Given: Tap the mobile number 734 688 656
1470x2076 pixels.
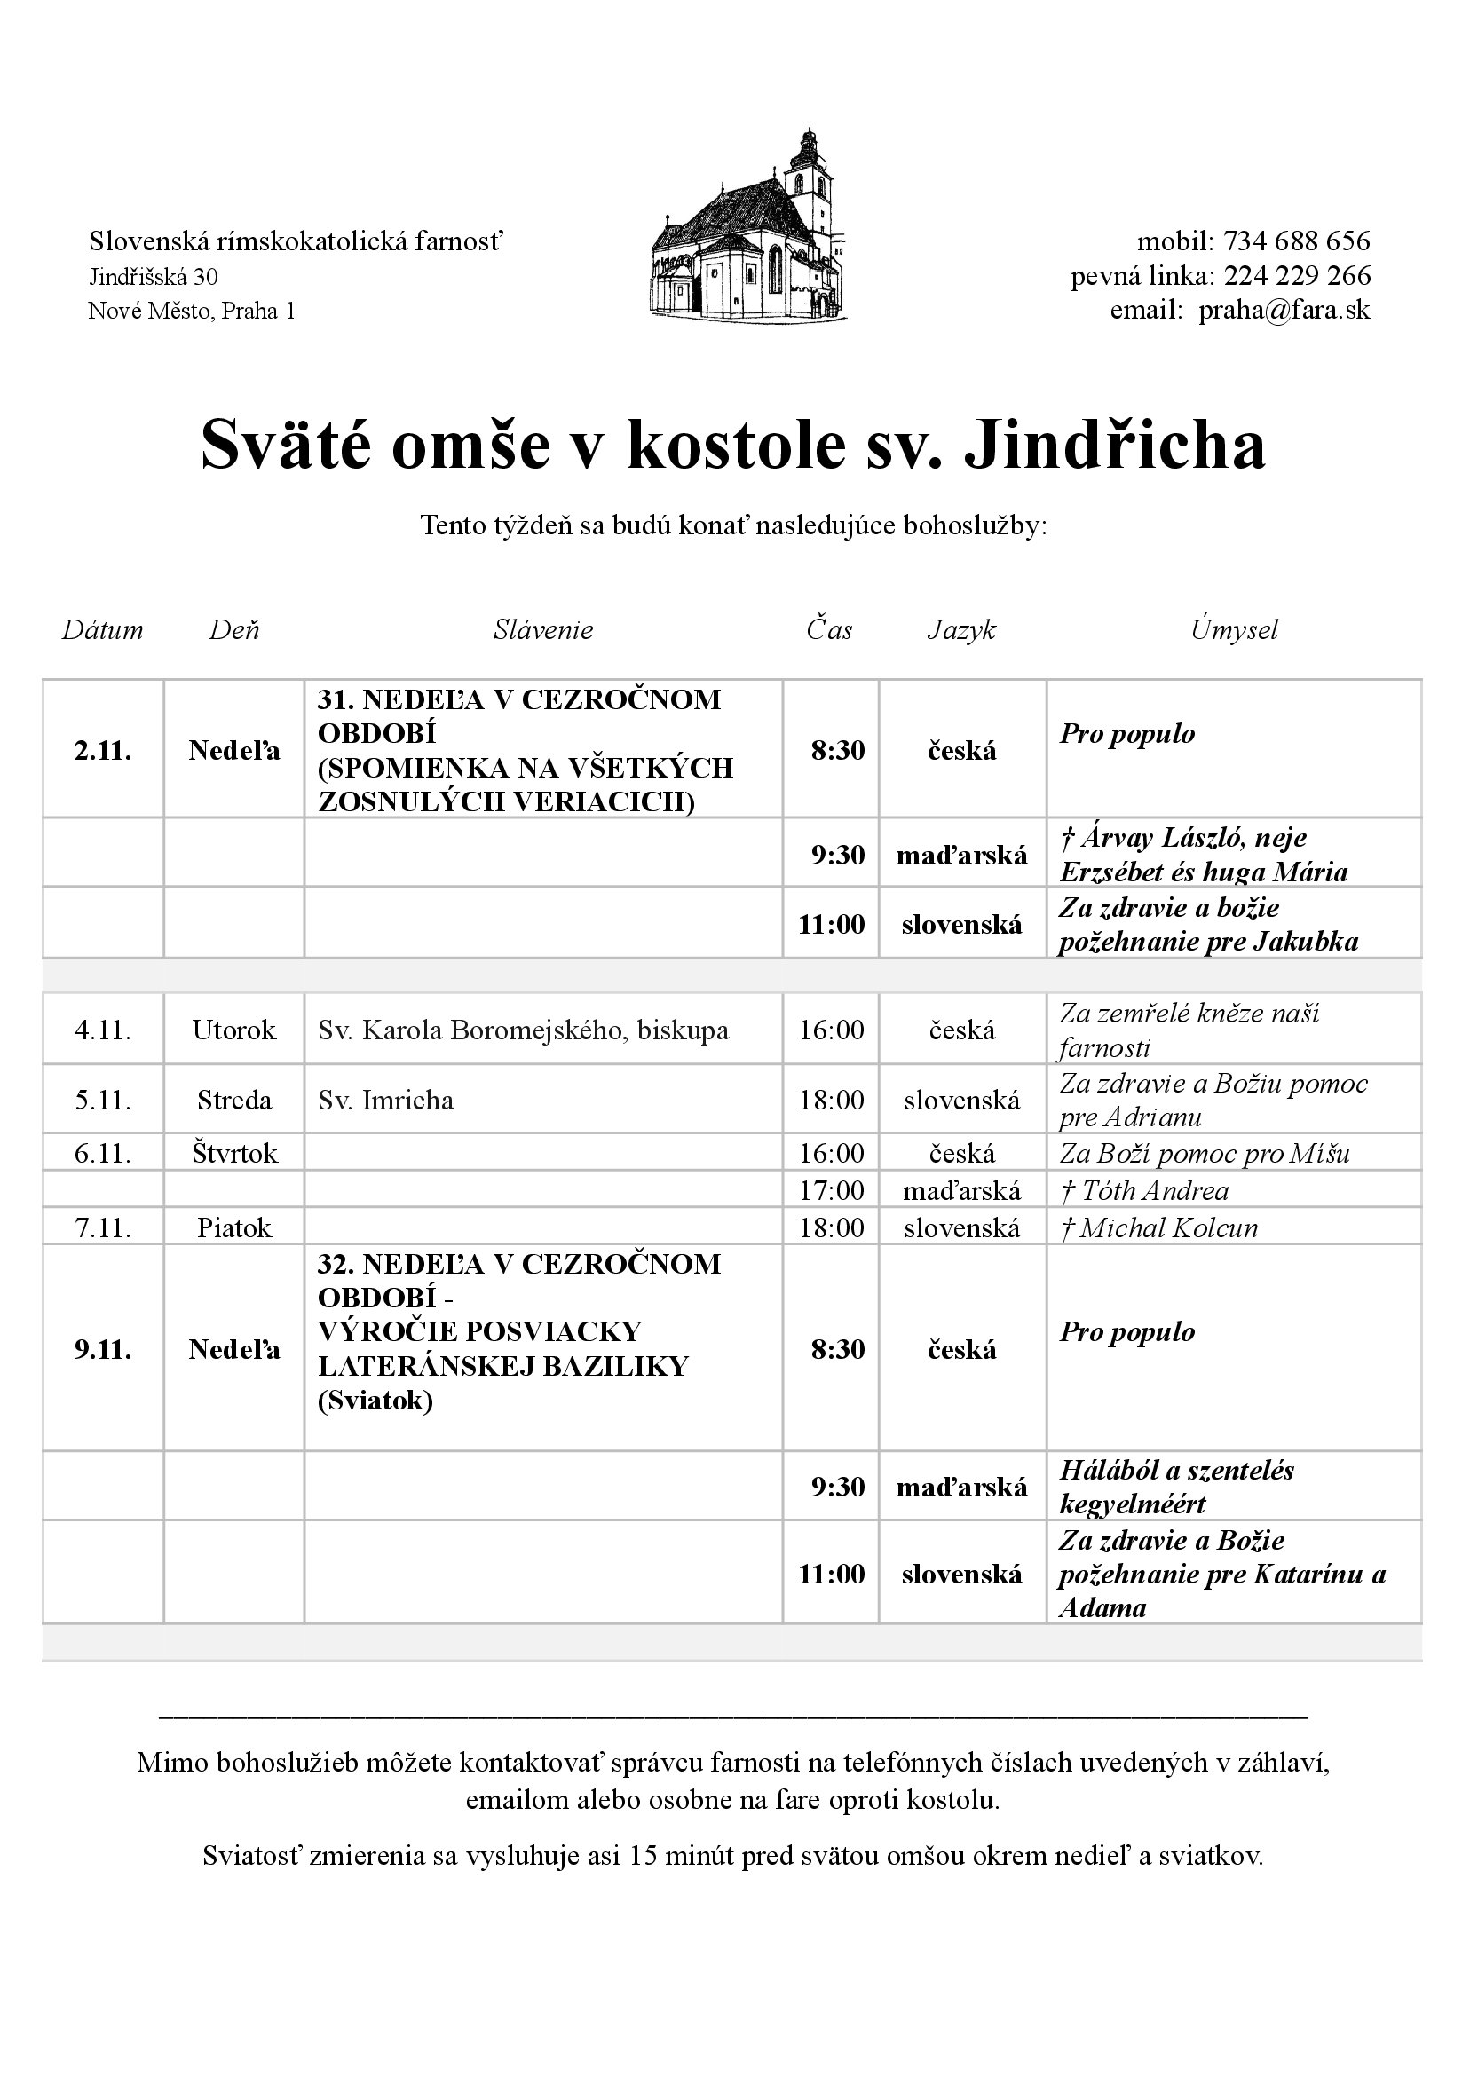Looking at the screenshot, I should coord(1296,241).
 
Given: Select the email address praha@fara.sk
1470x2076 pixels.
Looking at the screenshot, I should coord(1284,311).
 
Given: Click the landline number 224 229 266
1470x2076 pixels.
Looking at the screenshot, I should coord(1296,276).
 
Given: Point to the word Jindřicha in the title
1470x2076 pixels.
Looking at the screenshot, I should coord(1115,446).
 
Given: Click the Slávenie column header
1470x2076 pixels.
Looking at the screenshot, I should coord(543,630).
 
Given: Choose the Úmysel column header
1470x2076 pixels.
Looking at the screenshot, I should coord(1234,630).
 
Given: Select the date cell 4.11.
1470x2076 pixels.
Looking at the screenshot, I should coord(102,1030).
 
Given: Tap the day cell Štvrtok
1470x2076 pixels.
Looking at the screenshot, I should coord(234,1153).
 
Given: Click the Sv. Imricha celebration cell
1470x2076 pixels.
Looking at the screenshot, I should coord(385,1101).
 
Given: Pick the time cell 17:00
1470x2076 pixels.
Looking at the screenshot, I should coord(831,1190).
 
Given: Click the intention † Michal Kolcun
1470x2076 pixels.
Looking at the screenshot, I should coord(1158,1227).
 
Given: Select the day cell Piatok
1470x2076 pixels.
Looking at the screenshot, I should coord(234,1227).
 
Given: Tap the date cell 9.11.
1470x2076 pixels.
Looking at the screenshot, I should coord(102,1349).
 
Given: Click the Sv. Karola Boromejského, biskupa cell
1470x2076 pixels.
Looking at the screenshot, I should coord(523,1030).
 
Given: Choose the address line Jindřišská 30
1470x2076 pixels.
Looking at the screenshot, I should coord(153,276).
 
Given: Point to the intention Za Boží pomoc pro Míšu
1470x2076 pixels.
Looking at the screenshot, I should coord(1205,1153).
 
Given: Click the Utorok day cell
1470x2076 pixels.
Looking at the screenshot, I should coord(234,1030).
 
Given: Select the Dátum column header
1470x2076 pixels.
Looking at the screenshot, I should coord(102,630).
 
